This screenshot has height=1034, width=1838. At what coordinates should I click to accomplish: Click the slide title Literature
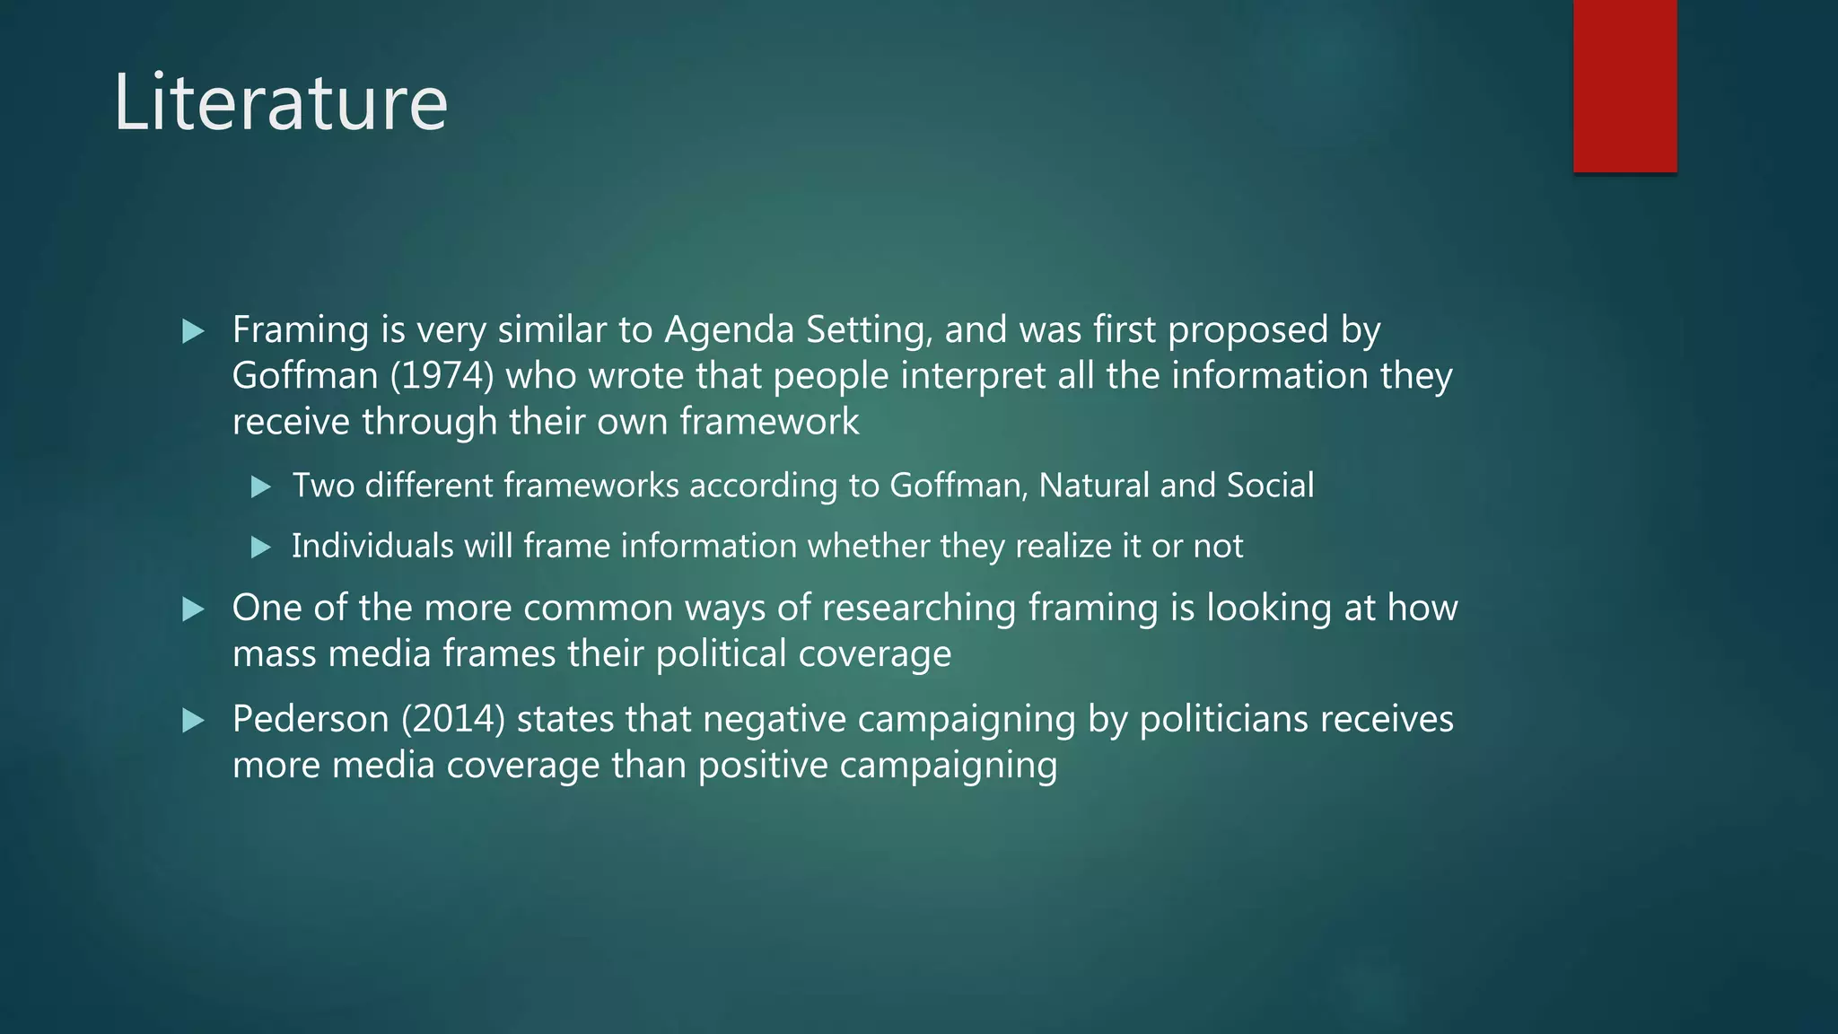280,102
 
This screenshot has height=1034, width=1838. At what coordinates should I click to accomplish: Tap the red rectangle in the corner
1624,85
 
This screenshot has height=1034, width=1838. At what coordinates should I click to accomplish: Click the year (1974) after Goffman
442,375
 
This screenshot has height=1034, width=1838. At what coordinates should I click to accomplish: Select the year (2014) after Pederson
453,719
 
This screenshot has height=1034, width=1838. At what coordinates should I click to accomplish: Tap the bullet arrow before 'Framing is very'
193,331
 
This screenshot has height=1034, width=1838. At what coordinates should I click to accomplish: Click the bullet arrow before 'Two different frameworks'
260,486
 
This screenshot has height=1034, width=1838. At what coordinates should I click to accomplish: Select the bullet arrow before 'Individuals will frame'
260,547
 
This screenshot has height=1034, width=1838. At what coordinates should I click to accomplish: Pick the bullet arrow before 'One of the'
193,609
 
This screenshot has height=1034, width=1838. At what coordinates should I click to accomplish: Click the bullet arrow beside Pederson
193,720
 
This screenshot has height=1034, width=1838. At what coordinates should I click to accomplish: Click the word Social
1270,486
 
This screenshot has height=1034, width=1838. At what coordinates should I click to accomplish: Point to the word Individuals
372,546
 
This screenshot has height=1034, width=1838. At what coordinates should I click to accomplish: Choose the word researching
919,609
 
